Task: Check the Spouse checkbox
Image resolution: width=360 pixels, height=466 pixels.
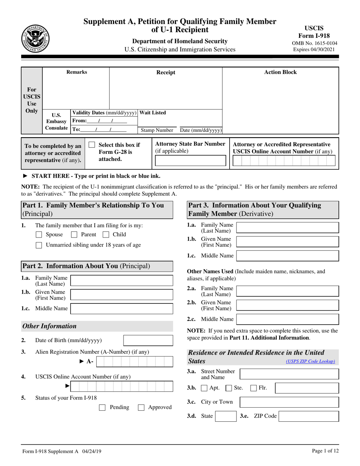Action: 39,235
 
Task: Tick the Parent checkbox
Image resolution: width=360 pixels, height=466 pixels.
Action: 74,235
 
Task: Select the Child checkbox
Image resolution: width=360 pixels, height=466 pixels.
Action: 106,235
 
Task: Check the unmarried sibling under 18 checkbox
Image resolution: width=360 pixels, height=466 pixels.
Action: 39,245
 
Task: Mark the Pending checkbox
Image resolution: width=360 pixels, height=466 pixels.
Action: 102,408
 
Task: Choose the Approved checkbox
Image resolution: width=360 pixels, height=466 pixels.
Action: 141,408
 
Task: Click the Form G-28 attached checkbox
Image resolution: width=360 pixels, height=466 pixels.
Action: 92,145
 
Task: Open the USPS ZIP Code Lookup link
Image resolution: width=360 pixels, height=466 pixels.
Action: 310,361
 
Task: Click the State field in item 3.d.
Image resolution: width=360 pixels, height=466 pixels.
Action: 225,416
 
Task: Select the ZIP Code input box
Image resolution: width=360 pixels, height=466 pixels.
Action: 308,416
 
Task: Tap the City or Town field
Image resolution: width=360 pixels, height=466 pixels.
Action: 290,402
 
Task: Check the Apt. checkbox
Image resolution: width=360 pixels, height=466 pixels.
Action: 204,388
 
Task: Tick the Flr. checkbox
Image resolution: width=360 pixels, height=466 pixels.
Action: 254,388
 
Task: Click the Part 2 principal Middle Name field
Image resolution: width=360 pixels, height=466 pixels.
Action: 122,308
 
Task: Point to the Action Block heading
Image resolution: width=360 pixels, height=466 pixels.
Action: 280,72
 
